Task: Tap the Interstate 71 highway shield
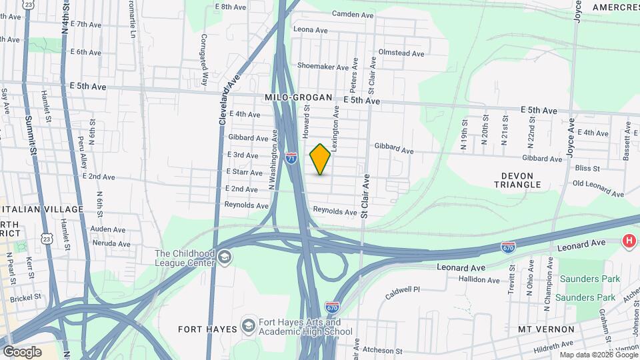click(x=291, y=158)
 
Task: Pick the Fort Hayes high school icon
click(x=249, y=326)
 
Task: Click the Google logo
click(x=22, y=352)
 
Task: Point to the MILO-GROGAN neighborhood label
click(x=298, y=97)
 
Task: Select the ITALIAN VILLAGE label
click(x=42, y=209)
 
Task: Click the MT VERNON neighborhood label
click(x=546, y=329)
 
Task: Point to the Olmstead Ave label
click(x=401, y=53)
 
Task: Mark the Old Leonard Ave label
click(x=598, y=188)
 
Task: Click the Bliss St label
click(x=587, y=169)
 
